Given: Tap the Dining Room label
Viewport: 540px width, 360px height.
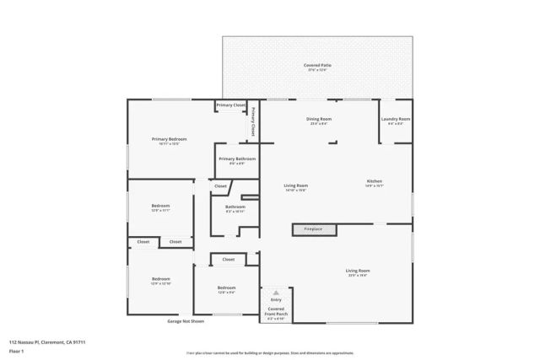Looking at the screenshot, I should tap(318, 121).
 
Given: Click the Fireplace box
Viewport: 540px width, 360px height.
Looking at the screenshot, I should tap(314, 228).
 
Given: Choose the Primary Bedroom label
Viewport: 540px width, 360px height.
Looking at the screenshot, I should tap(169, 141).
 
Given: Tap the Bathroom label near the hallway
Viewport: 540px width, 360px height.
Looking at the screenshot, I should tap(235, 208).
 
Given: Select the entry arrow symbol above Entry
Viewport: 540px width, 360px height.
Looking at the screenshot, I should tap(275, 293).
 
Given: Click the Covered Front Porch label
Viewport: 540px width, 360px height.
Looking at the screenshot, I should tap(276, 311).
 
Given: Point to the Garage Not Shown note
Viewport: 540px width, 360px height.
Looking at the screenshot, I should tap(186, 321).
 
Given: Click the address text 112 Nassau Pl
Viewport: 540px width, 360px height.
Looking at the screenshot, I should tap(47, 341).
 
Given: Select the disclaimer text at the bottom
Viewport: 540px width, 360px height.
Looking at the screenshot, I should tap(269, 352).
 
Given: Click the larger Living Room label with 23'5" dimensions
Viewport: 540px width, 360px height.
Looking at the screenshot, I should tap(358, 272).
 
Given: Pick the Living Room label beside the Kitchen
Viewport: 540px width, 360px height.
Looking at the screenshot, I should tap(295, 187).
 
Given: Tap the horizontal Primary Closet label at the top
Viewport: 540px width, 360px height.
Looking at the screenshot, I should tap(230, 105).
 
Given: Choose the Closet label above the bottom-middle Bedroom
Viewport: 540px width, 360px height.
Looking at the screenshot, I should tap(228, 260).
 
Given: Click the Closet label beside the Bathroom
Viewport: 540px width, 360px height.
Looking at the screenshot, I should tap(220, 185).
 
